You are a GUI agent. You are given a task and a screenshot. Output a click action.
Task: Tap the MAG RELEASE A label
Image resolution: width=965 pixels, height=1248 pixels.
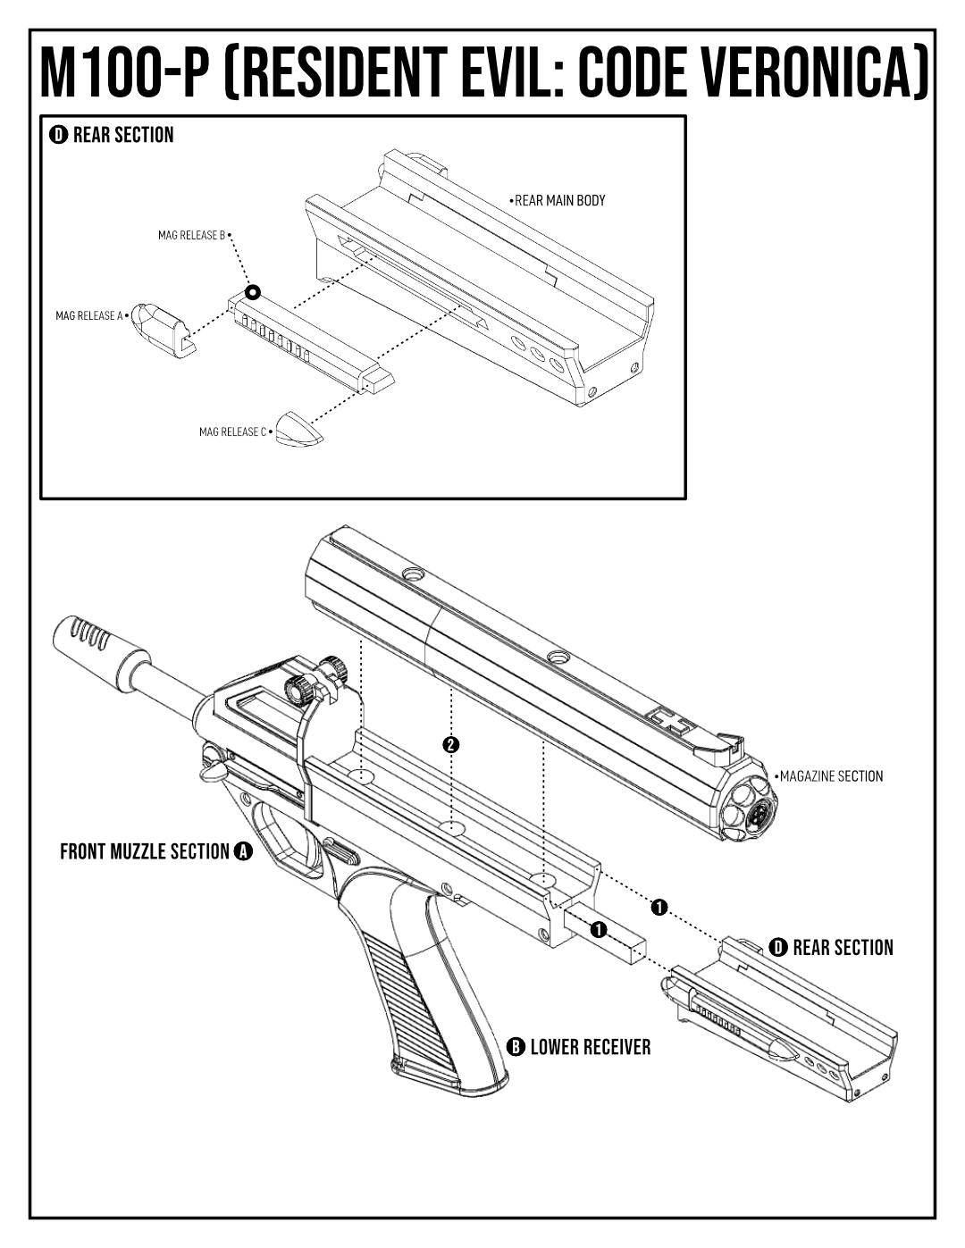coord(88,315)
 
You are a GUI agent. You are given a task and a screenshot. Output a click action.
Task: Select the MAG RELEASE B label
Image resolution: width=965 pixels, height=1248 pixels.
coord(191,236)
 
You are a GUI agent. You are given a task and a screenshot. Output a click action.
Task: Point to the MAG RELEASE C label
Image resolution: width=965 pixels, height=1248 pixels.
coord(232,432)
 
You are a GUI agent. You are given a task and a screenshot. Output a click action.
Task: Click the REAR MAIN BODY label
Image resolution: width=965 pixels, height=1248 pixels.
coord(559,201)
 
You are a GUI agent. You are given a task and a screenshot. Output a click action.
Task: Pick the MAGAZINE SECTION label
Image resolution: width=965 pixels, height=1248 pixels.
coord(831,776)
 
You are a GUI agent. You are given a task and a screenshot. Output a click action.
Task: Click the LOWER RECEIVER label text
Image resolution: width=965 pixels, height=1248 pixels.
coord(590,1047)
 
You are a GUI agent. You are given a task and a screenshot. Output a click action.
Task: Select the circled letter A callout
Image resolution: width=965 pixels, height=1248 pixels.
coord(243,851)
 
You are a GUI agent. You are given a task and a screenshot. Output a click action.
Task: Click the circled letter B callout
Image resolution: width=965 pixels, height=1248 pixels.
coord(516,1047)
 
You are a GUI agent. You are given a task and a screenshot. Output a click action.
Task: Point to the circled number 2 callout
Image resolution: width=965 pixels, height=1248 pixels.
coord(451,744)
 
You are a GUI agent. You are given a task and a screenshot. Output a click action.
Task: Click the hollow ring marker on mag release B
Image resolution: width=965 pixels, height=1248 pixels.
coord(253,292)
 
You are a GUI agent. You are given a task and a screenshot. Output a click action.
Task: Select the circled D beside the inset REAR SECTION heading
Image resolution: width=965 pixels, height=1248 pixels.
coord(58,135)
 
